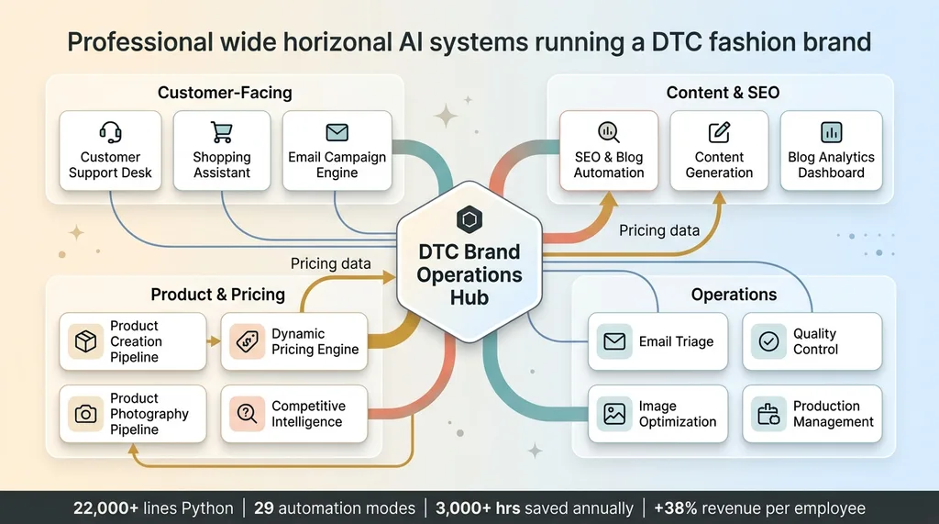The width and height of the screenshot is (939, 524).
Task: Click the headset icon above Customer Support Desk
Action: [x=110, y=132]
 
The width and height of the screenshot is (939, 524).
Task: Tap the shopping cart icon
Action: [x=222, y=132]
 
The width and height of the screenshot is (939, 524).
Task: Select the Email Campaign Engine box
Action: [x=337, y=151]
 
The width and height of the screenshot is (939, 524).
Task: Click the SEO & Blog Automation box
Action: [x=609, y=151]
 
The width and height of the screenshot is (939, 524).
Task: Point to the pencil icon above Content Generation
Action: [x=719, y=132]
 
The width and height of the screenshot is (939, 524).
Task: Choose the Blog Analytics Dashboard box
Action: [x=831, y=151]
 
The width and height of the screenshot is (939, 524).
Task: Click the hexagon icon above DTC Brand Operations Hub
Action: [x=469, y=219]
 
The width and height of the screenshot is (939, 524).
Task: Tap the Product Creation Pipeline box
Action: [x=133, y=341]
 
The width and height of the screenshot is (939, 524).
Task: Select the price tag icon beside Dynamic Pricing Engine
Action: [x=248, y=341]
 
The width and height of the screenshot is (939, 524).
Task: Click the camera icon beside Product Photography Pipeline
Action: [x=85, y=414]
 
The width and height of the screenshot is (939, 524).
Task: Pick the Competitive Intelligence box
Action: [x=294, y=414]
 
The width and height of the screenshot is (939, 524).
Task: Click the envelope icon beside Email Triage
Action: [x=614, y=341]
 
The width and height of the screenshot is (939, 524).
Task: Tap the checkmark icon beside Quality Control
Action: [x=769, y=341]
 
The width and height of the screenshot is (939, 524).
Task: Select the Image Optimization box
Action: [x=658, y=414]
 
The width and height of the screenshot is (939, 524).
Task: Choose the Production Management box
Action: [x=812, y=414]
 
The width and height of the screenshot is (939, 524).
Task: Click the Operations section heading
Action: [x=734, y=295]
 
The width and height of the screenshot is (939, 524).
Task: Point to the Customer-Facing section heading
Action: [x=225, y=93]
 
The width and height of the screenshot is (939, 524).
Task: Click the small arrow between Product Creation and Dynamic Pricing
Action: [x=214, y=341]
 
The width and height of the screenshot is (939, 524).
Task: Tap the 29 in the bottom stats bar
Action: [x=264, y=508]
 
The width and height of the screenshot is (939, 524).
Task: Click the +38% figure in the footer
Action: [x=676, y=508]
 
